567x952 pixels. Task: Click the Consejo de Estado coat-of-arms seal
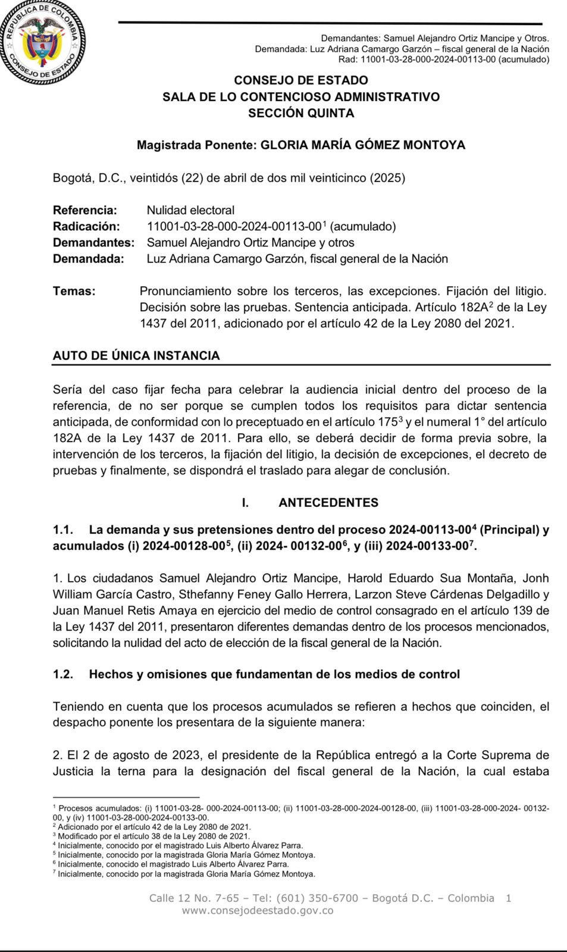click(42, 43)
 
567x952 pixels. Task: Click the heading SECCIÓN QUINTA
click(300, 113)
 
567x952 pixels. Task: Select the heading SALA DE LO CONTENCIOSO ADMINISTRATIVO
click(300, 97)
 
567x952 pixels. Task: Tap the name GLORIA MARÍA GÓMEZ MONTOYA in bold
click(363, 145)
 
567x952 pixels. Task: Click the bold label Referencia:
click(85, 210)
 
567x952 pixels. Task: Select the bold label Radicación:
click(86, 226)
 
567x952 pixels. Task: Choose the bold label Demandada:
click(89, 259)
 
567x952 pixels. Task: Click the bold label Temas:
click(74, 291)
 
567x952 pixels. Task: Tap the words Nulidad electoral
click(190, 210)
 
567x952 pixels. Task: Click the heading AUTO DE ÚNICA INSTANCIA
click(136, 356)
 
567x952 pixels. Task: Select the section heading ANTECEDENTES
click(328, 503)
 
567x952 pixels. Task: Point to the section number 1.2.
click(63, 674)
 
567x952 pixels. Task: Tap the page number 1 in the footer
click(508, 898)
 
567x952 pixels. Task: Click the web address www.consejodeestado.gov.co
click(257, 910)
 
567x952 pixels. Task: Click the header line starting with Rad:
click(443, 59)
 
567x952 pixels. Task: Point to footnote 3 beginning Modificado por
click(154, 836)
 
